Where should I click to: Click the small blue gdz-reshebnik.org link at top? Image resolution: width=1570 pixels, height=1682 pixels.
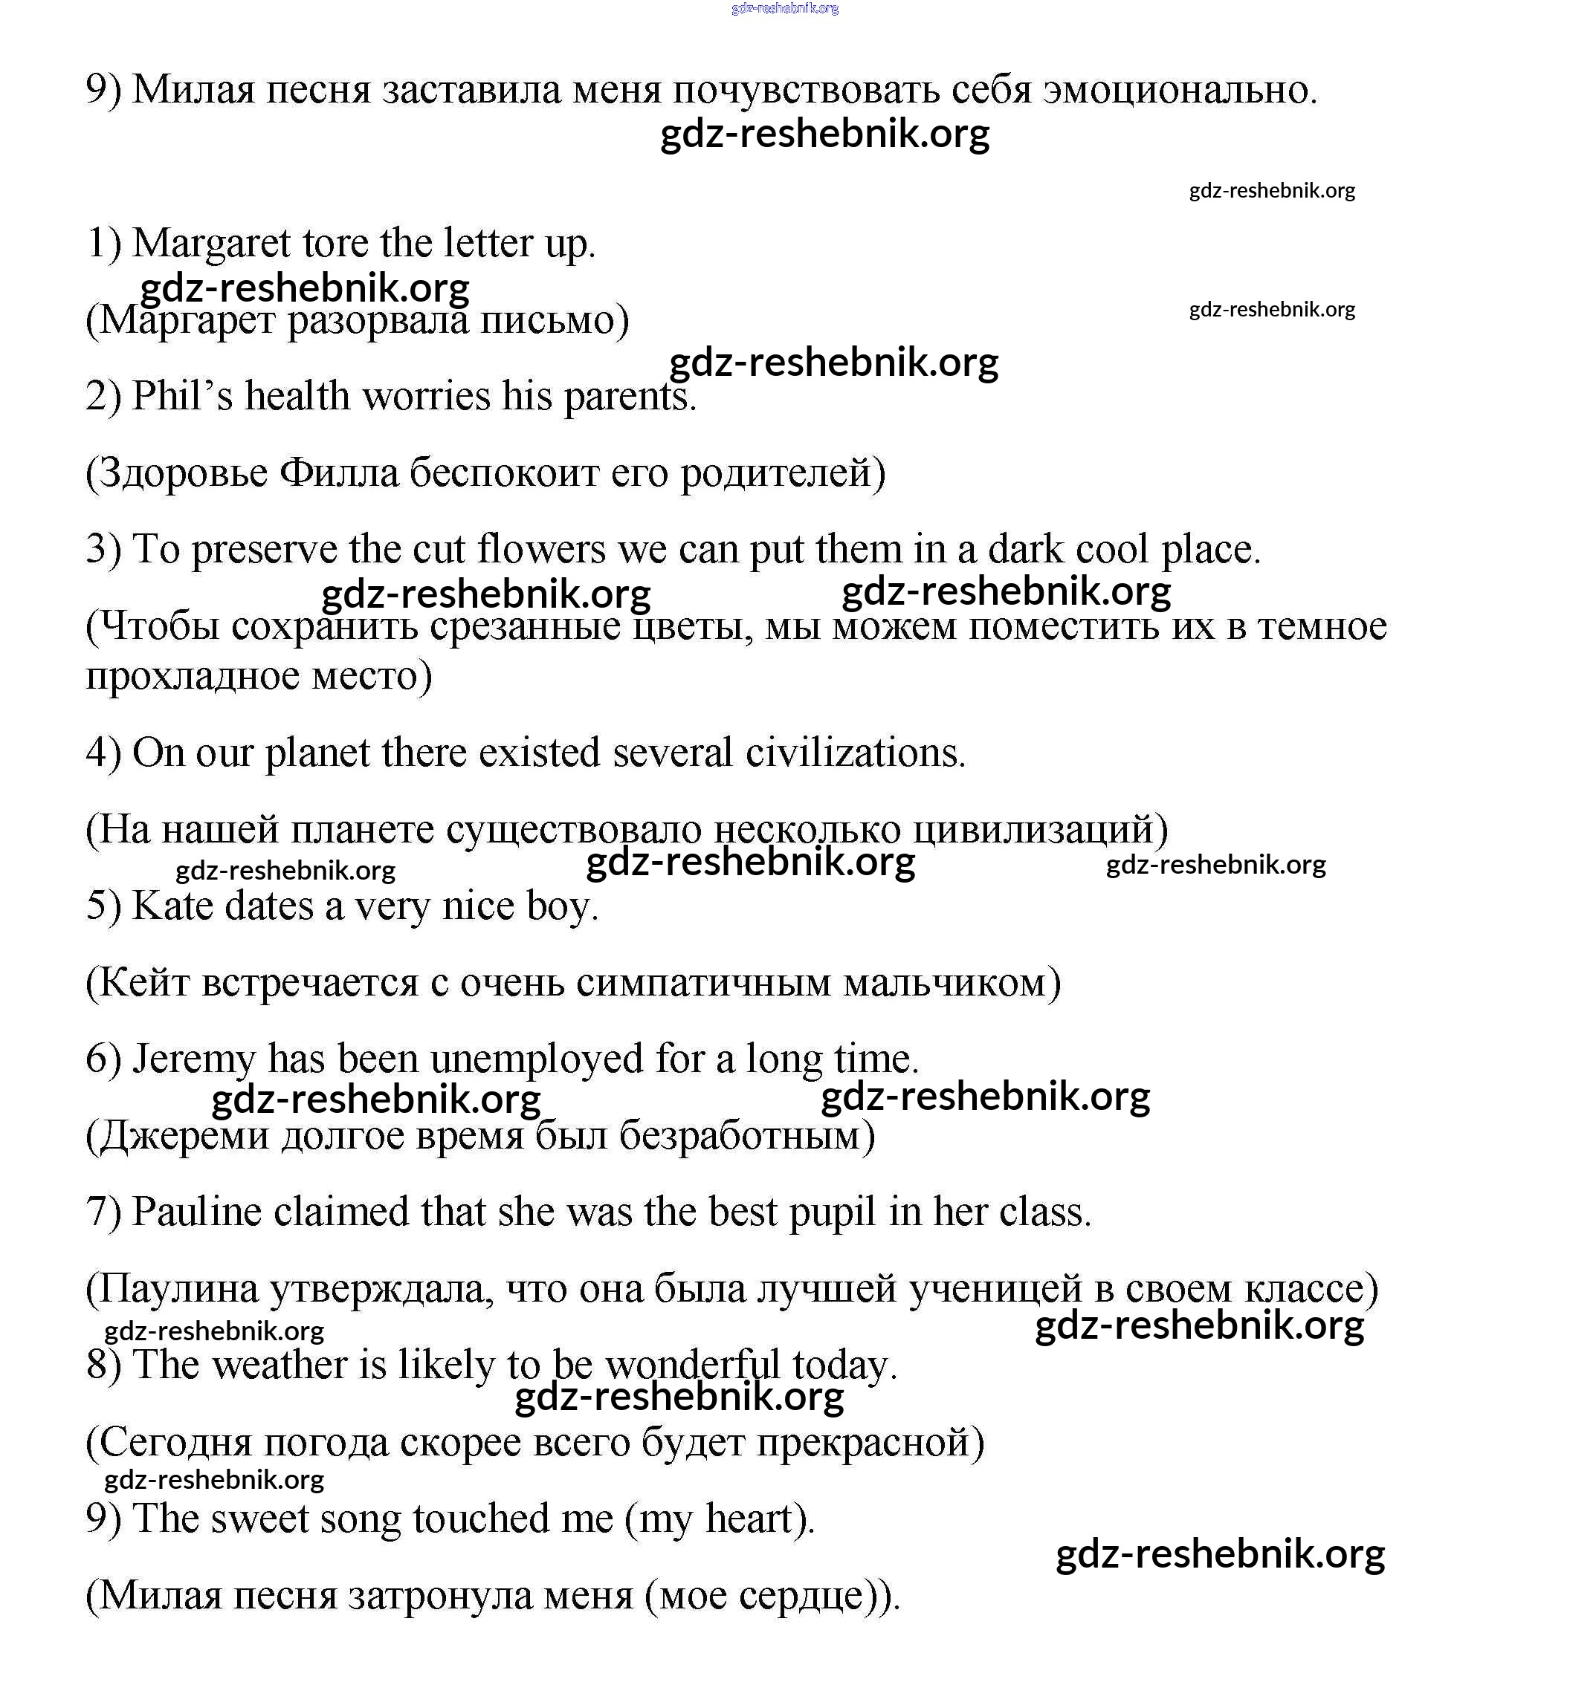pyautogui.click(x=784, y=8)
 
